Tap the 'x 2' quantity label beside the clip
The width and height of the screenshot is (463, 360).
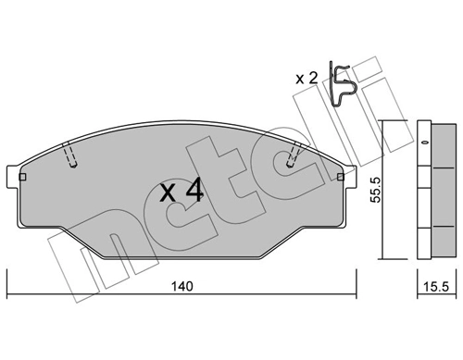(307, 78)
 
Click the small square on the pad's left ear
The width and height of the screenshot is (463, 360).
(22, 176)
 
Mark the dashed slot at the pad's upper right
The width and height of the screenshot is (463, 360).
(294, 154)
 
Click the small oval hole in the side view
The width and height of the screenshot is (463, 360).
(425, 143)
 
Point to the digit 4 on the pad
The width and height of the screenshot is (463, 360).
(194, 192)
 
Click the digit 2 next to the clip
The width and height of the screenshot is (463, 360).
(313, 78)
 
